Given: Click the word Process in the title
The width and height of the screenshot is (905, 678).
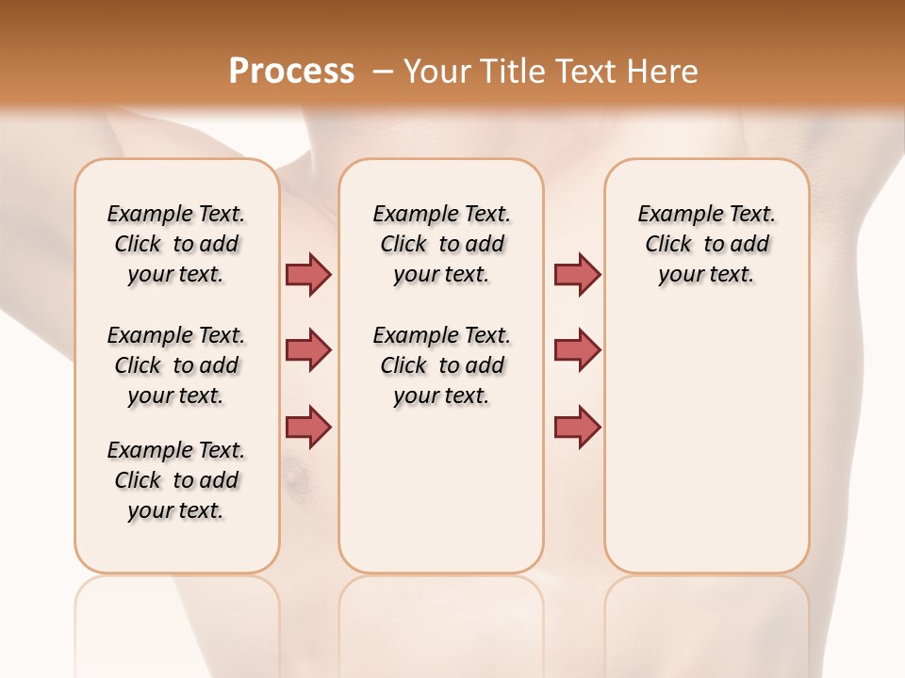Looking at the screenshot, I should tap(291, 72).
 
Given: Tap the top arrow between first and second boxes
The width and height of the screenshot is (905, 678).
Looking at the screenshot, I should tap(308, 274).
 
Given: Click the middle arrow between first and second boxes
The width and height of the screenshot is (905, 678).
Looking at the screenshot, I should tap(308, 351).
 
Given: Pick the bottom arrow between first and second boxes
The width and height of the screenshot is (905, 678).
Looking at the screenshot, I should tap(308, 427).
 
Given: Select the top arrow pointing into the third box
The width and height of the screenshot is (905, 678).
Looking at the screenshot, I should tap(577, 274).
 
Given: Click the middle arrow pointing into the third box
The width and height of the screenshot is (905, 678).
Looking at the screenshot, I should tap(577, 351).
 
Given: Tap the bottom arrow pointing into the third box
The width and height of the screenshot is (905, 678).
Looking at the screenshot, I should tap(577, 427).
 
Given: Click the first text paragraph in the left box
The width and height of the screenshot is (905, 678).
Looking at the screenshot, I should tap(176, 244).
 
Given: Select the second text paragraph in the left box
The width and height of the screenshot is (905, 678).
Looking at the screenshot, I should tap(176, 365).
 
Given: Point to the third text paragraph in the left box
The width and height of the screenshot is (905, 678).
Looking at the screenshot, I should tap(176, 480).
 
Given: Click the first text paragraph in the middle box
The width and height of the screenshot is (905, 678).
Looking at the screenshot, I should tap(441, 244).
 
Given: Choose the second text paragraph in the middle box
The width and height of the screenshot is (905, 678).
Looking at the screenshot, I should tap(441, 365).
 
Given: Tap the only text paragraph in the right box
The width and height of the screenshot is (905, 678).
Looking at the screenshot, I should tap(706, 244).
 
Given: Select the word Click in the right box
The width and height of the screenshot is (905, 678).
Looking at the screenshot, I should tap(668, 244).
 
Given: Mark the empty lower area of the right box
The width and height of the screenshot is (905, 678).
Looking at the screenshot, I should tap(706, 443).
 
